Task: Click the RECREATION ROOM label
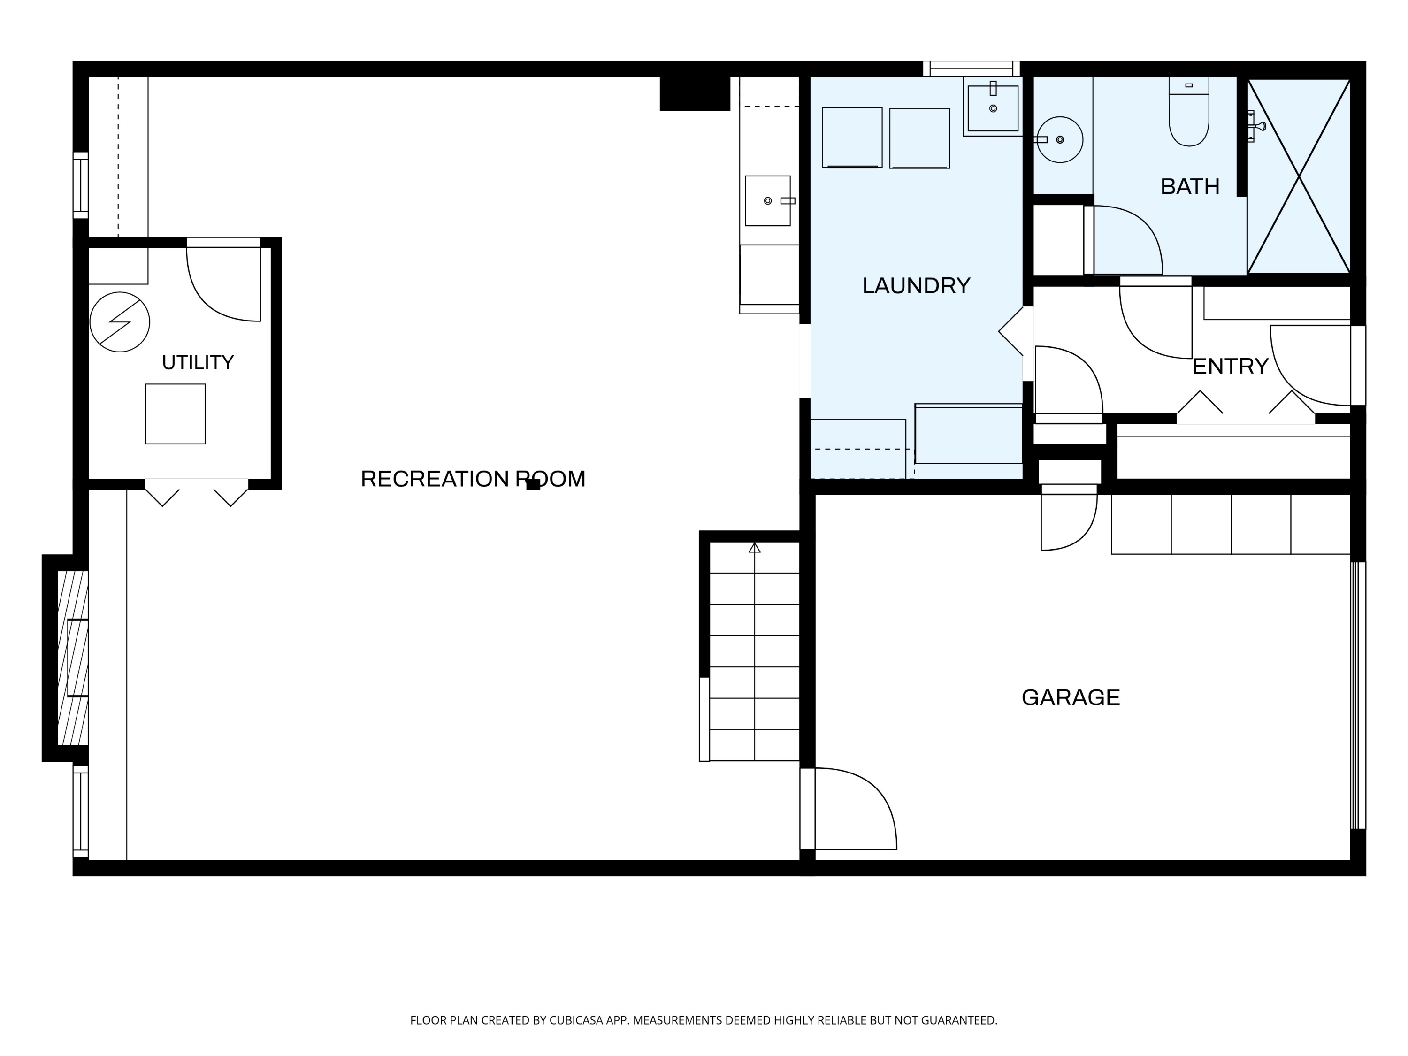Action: click(473, 479)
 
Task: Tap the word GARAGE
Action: click(1071, 697)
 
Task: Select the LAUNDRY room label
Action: click(916, 286)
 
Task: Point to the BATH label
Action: click(1190, 186)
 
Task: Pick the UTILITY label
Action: click(198, 363)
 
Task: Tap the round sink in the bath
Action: click(1060, 139)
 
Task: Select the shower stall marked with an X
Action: click(1299, 176)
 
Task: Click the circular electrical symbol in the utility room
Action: click(120, 322)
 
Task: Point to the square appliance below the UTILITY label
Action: click(175, 414)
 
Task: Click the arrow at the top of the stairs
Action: click(754, 547)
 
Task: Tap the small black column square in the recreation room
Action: click(534, 484)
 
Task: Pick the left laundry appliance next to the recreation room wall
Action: click(852, 138)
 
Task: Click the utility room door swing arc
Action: click(210, 299)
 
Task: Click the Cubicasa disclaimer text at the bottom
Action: click(704, 1020)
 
